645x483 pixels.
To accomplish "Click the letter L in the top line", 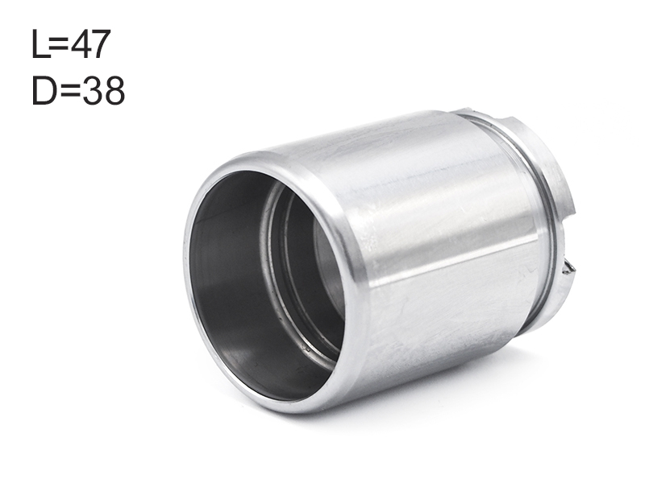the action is coord(40,43).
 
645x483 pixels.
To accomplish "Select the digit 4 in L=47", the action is coord(81,43).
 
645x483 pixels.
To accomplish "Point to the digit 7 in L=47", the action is coord(102,43).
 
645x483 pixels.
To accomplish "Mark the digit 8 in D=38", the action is coord(114,90).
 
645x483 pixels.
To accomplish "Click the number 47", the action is coord(91,43).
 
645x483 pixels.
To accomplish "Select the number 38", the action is coord(103,90).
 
